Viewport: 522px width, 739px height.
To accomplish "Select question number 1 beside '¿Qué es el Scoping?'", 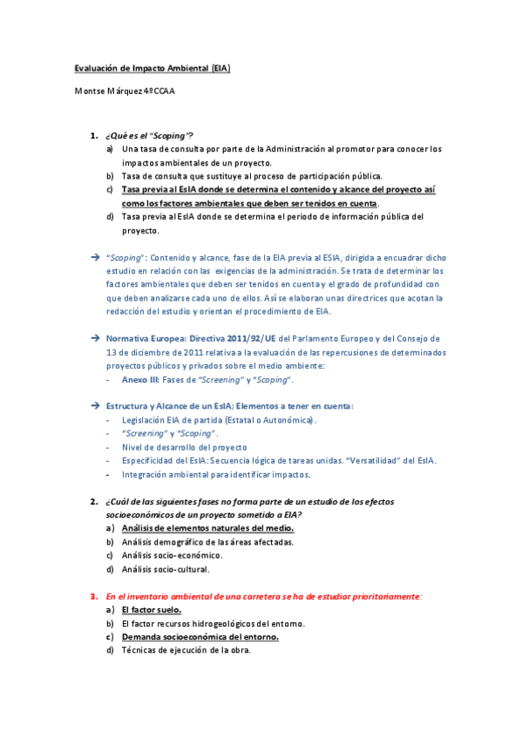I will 93,135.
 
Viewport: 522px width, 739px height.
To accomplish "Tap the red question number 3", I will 93,596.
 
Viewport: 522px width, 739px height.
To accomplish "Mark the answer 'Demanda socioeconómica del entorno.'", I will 200,637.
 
